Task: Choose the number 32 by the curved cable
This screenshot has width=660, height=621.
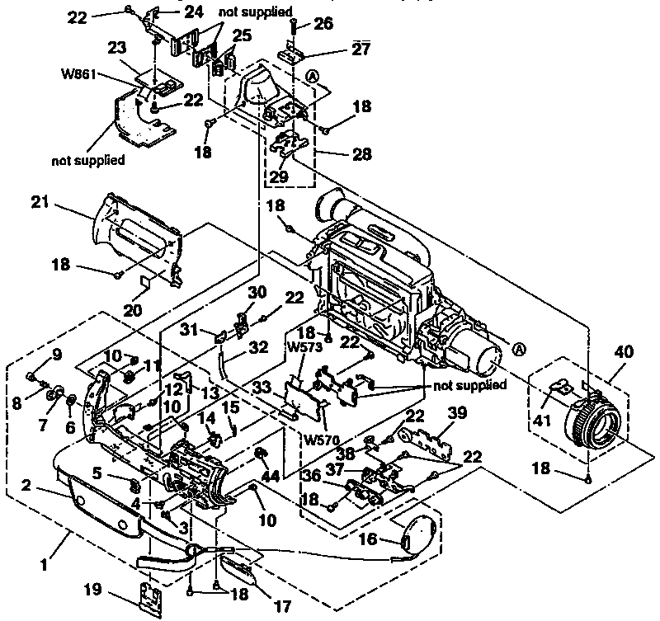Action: point(259,348)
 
